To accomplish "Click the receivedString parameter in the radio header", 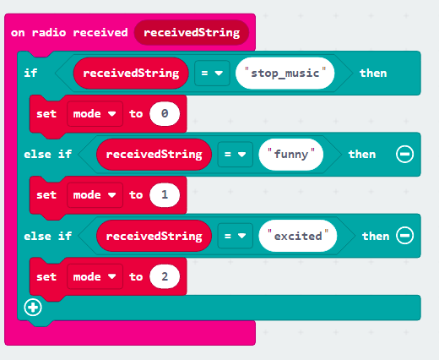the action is click(x=192, y=33).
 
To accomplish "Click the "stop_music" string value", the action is click(x=285, y=74).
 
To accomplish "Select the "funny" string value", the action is click(x=291, y=155).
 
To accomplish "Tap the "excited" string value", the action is click(x=298, y=236).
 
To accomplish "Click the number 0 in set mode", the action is click(x=165, y=113).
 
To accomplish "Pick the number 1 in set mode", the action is click(x=165, y=195).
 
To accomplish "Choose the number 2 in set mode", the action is click(x=165, y=276).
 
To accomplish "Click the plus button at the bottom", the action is click(x=33, y=308).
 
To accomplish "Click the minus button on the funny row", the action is click(x=404, y=154).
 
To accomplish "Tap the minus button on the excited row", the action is click(x=404, y=236).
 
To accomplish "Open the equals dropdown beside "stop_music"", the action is click(x=212, y=74).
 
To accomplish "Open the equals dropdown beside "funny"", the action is click(x=236, y=155).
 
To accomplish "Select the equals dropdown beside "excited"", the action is click(x=236, y=236).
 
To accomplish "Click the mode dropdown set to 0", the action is click(x=95, y=114).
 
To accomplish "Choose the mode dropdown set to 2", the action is click(x=95, y=276).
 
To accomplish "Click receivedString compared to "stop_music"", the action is click(x=131, y=74).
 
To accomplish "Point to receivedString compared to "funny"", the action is click(x=154, y=155).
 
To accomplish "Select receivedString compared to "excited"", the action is click(x=154, y=236).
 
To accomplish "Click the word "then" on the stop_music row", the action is click(x=373, y=74).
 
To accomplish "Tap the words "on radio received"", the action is click(x=69, y=33).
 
